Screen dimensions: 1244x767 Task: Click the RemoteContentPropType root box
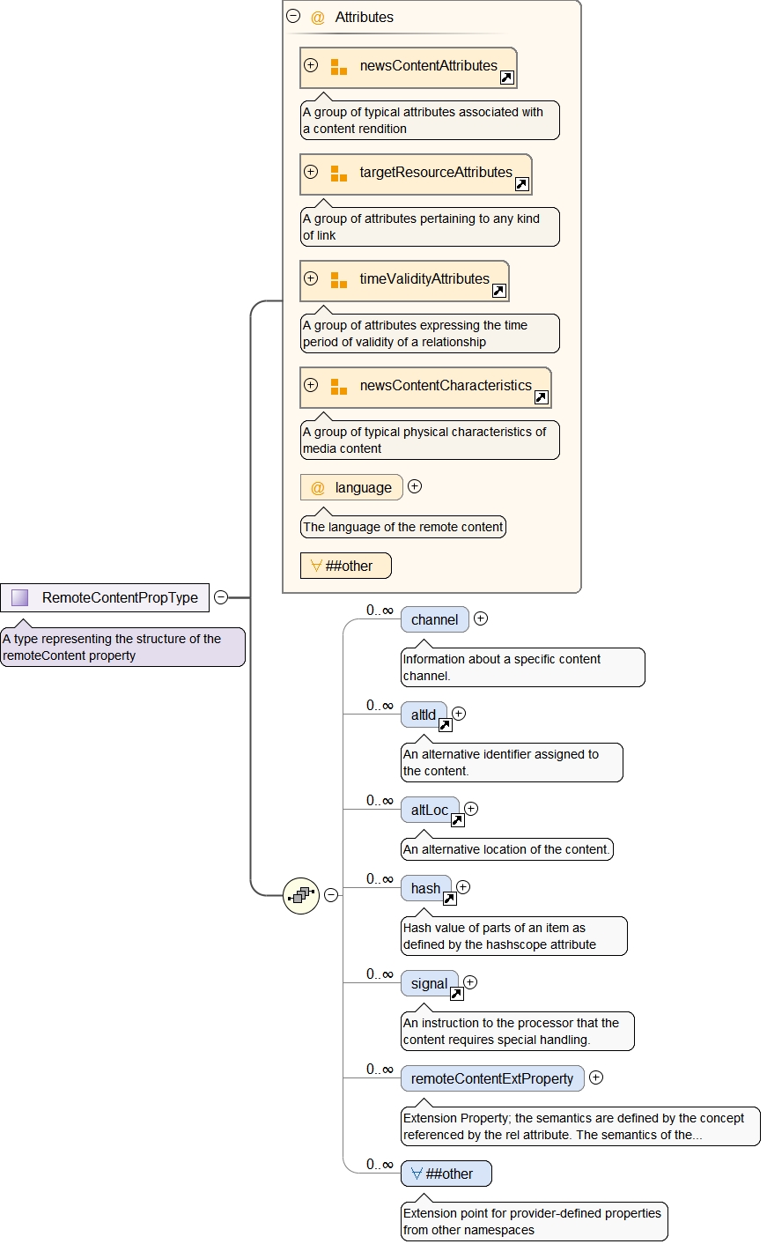pos(105,597)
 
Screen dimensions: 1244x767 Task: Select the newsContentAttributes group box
pos(408,67)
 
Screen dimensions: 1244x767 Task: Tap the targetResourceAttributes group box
pos(416,174)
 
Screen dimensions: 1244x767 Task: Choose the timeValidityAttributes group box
pos(404,280)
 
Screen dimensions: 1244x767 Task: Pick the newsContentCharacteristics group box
pos(425,387)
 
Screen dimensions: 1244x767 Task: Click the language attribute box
pos(351,487)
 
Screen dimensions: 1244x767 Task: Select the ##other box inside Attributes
pos(345,566)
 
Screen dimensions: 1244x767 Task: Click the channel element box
pos(434,619)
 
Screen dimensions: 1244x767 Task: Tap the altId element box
pos(424,715)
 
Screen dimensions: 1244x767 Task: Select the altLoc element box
pos(430,810)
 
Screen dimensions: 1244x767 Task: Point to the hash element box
pos(425,888)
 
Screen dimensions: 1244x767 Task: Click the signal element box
pos(429,983)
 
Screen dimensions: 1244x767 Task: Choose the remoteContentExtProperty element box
pos(491,1078)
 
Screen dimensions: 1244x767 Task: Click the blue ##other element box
pos(446,1174)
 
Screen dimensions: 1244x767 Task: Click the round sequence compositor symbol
pos(301,895)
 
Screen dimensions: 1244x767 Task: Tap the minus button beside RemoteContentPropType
pos(221,597)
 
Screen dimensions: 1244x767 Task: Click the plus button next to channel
pos(481,618)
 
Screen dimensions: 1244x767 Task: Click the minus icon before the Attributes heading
pos(293,16)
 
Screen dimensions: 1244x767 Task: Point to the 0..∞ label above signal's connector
pos(380,974)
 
